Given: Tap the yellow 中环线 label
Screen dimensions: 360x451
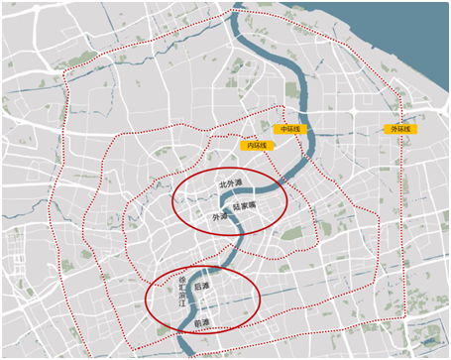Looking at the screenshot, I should [x=289, y=130].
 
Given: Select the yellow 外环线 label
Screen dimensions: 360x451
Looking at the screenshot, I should [x=401, y=130].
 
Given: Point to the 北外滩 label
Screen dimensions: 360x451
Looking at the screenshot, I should [x=230, y=184].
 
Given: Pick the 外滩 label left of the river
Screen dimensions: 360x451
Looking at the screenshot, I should [x=219, y=215].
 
